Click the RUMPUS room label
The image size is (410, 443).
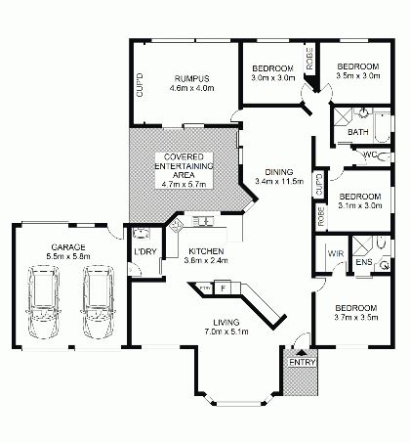tap(191, 78)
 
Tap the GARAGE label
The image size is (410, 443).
tap(68, 247)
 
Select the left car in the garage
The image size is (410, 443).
tap(44, 303)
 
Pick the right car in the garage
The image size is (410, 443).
tap(99, 303)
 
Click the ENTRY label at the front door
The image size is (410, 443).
tap(303, 362)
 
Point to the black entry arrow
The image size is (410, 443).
tap(302, 352)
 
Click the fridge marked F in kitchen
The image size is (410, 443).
tap(223, 288)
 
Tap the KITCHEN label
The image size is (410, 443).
tap(206, 251)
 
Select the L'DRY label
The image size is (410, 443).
tap(145, 251)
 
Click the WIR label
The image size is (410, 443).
tap(336, 253)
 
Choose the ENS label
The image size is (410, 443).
tap(364, 262)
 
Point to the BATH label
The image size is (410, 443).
tap(358, 132)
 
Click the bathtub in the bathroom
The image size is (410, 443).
tap(382, 127)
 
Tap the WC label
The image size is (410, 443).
tap(369, 155)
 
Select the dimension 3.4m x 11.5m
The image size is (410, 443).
tap(279, 182)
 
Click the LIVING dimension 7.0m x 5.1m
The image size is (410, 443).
tap(226, 332)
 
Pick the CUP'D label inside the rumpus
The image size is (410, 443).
tap(140, 85)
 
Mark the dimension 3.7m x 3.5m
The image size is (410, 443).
tap(356, 317)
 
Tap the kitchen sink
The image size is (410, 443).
tap(202, 221)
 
